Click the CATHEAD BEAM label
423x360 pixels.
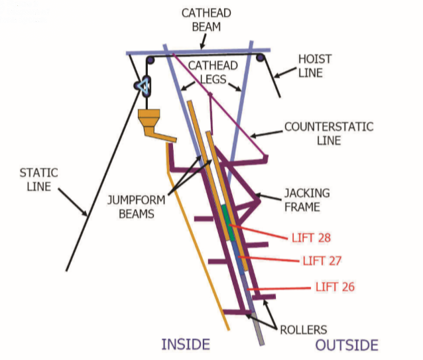point(206,20)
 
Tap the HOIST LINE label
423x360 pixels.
point(315,66)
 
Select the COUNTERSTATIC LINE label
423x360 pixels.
point(329,133)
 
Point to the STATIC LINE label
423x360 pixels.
point(39,180)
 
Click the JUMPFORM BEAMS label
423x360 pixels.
point(137,207)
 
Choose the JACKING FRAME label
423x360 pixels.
point(307,200)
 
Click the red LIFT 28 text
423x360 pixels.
point(312,238)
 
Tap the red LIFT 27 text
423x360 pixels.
point(322,261)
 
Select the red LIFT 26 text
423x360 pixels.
point(335,287)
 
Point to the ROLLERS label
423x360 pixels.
point(304,330)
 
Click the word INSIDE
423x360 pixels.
point(186,344)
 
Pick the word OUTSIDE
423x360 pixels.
point(347,345)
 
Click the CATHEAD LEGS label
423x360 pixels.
point(213,72)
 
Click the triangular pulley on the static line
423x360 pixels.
point(143,86)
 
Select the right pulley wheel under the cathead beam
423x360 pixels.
point(261,58)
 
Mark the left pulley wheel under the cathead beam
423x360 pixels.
point(151,60)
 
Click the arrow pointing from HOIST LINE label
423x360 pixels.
point(285,73)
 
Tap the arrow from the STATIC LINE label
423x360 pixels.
point(73,202)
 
